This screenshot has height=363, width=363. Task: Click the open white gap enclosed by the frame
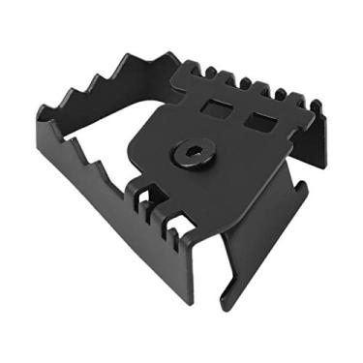tap(116, 126)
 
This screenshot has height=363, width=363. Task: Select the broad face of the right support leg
tap(257, 242)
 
